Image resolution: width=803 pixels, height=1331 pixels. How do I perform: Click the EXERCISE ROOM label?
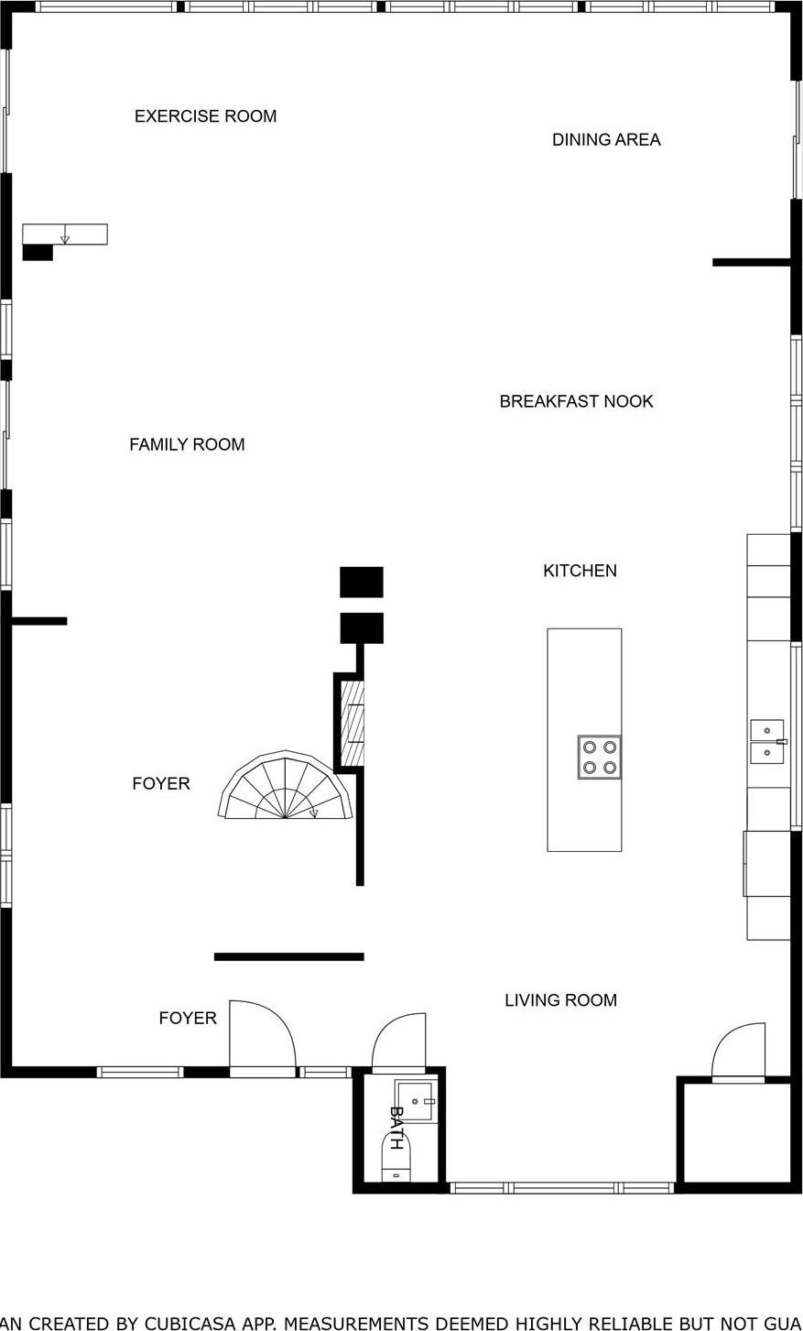pyautogui.click(x=205, y=116)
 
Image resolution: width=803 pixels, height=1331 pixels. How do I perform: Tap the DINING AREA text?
pyautogui.click(x=605, y=139)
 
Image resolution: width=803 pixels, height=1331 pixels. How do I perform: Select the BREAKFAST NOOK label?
pyautogui.click(x=576, y=401)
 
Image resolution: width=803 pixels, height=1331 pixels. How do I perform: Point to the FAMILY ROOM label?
pyautogui.click(x=187, y=444)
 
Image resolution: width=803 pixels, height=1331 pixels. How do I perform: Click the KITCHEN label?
pyautogui.click(x=580, y=571)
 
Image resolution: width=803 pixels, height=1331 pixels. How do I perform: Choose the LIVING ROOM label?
pyautogui.click(x=560, y=1000)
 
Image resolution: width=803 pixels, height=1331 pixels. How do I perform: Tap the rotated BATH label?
pyautogui.click(x=396, y=1128)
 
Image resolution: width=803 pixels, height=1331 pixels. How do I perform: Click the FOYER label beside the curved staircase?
pyautogui.click(x=161, y=783)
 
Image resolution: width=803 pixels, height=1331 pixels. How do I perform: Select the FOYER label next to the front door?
pyautogui.click(x=188, y=1018)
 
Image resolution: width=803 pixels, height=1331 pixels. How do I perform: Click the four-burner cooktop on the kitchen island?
pyautogui.click(x=599, y=757)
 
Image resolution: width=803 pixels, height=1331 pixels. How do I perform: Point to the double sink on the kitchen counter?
pyautogui.click(x=767, y=741)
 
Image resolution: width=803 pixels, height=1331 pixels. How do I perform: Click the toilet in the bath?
pyautogui.click(x=396, y=1160)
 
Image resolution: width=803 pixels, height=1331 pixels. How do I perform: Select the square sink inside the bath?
pyautogui.click(x=415, y=1100)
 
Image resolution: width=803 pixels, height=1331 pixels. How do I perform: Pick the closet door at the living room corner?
pyautogui.click(x=739, y=1051)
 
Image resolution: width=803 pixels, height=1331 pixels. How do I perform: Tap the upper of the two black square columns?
pyautogui.click(x=361, y=582)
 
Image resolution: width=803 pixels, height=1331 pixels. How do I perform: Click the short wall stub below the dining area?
pyautogui.click(x=751, y=263)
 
